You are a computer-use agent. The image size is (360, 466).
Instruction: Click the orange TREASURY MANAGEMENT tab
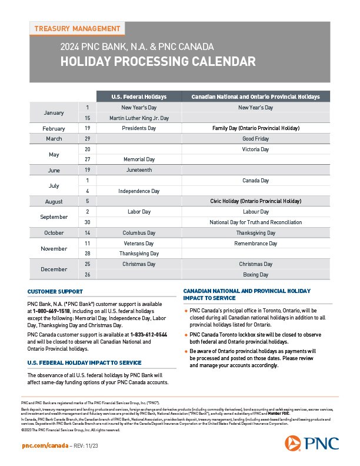pyautogui.click(x=77, y=29)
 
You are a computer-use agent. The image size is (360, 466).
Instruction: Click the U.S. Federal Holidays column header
pyautogui.click(x=139, y=96)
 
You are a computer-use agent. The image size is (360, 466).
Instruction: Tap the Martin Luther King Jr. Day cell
pyautogui.click(x=139, y=118)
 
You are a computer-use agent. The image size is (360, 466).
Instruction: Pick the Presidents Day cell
pyautogui.click(x=139, y=128)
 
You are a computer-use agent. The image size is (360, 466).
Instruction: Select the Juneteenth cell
pyautogui.click(x=139, y=170)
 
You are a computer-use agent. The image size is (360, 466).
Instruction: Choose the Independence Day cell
pyautogui.click(x=139, y=191)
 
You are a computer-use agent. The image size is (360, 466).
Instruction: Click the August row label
pyautogui.click(x=54, y=201)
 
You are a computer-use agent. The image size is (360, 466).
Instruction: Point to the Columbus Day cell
pyautogui.click(x=139, y=233)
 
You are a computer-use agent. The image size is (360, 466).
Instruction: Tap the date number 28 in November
pyautogui.click(x=87, y=254)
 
